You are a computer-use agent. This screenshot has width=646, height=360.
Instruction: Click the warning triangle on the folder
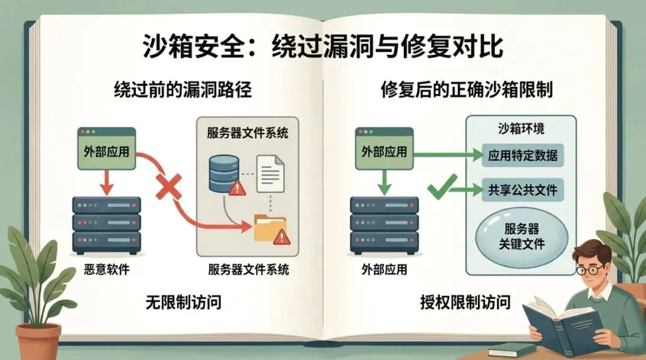coord(280,237)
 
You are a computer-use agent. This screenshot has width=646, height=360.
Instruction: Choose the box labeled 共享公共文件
coord(523,190)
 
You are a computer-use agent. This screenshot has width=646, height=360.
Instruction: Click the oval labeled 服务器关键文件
coord(522,236)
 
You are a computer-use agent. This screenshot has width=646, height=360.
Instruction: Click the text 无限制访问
coord(184,302)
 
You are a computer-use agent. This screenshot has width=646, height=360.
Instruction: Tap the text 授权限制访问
coord(465,303)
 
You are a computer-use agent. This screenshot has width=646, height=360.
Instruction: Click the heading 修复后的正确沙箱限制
coord(467,90)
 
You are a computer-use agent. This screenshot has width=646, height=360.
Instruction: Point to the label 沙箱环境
coord(521,129)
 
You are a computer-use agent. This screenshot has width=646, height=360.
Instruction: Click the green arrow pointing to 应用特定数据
coord(449,155)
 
